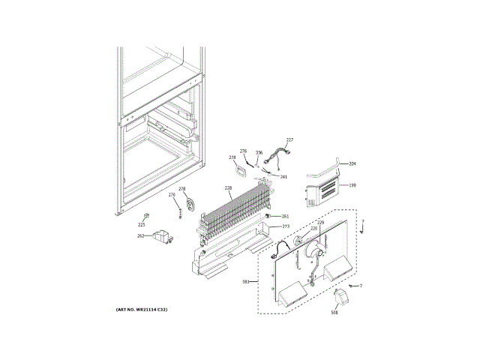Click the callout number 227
pos(289,140)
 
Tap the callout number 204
pos(352,163)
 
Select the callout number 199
pos(352,184)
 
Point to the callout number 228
pos(228,188)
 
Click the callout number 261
pos(285,216)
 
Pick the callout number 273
pos(285,226)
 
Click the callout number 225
pos(141,224)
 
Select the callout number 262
pos(140,236)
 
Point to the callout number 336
pos(259,153)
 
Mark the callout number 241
pos(283,177)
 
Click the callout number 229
pos(320,223)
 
